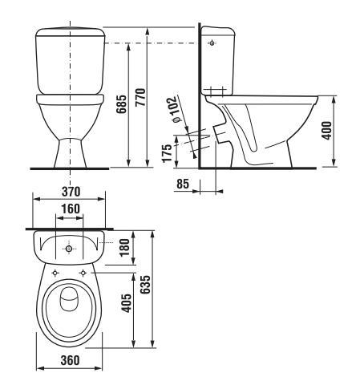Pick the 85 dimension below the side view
pyautogui.click(x=183, y=184)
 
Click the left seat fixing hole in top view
pyautogui.click(x=55, y=274)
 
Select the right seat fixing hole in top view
pyautogui.click(x=83, y=274)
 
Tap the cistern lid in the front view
pyautogui.click(x=70, y=34)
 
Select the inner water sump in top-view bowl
pyautogui.click(x=69, y=301)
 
